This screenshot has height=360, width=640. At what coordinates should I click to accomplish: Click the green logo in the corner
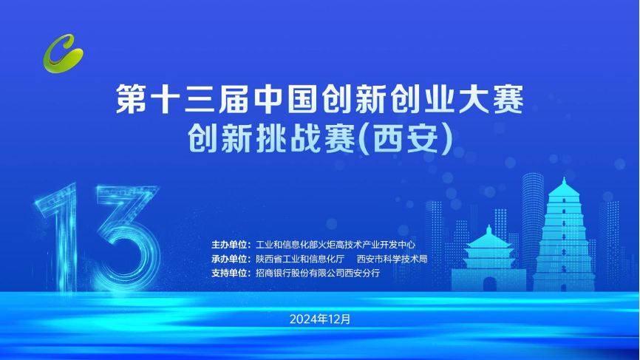click(64, 50)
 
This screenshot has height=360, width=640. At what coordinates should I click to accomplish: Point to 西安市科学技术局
click(392, 259)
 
